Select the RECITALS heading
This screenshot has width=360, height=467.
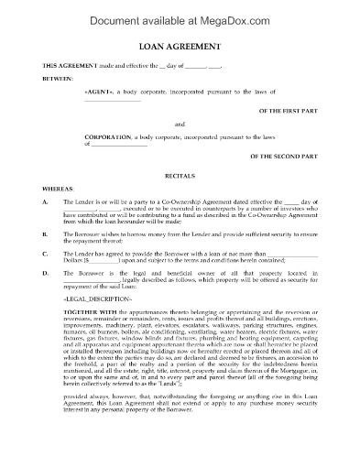(180, 170)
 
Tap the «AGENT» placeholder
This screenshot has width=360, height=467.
(100, 92)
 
